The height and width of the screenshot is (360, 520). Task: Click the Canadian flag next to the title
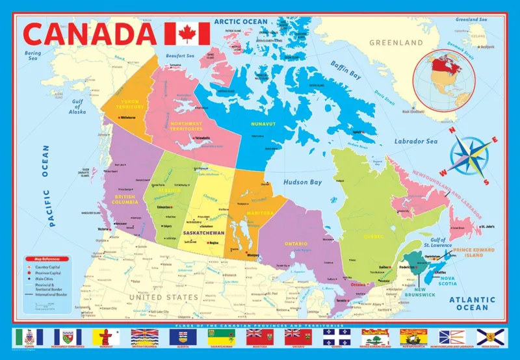coord(187,33)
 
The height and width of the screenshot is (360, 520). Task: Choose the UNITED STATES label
coord(162,297)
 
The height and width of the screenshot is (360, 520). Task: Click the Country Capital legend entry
coord(50,268)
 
